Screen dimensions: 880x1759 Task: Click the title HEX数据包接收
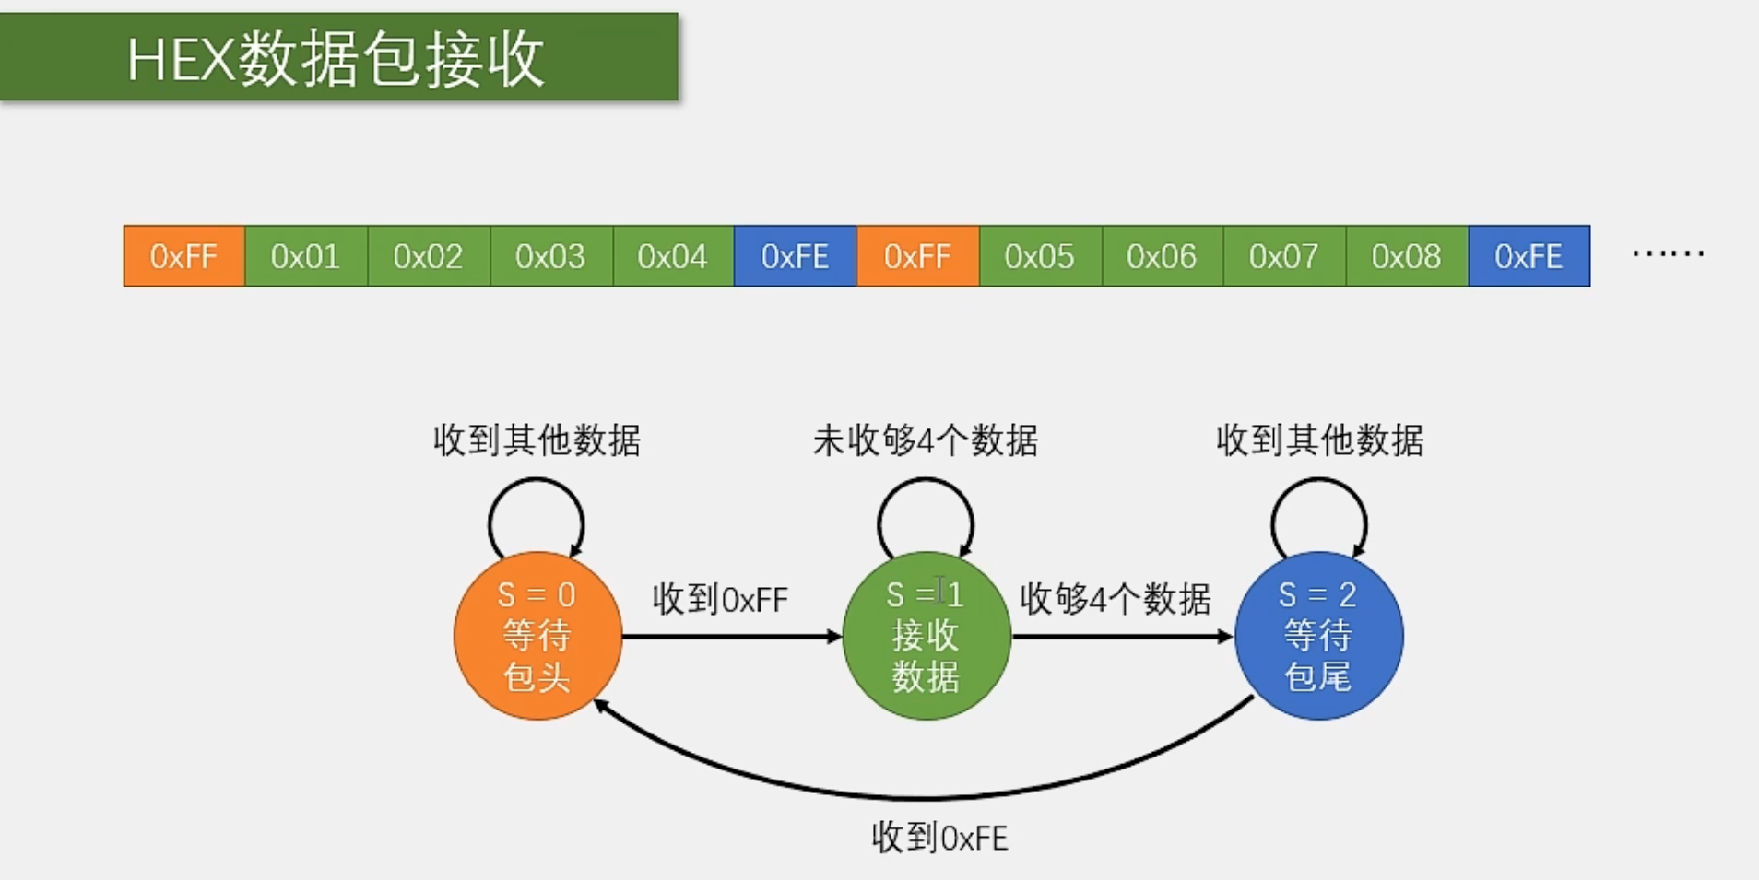click(x=336, y=59)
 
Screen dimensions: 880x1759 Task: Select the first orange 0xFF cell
click(x=183, y=256)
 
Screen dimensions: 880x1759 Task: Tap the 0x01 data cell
click(x=306, y=256)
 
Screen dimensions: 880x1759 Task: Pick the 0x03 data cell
click(x=550, y=256)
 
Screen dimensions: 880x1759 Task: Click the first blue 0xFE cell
click(x=795, y=256)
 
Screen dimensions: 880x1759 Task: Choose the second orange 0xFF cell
click(x=917, y=256)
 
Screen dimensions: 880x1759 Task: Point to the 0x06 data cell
click(x=1162, y=256)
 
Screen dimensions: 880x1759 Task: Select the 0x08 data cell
click(x=1406, y=256)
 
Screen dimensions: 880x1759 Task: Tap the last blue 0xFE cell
click(x=1529, y=256)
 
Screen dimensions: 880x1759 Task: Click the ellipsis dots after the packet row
click(x=1668, y=252)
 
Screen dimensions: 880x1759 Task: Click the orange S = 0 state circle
click(x=537, y=636)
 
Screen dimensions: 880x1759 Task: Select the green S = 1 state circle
click(x=927, y=636)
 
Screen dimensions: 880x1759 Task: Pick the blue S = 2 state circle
click(x=1318, y=636)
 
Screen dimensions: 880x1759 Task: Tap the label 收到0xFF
click(x=720, y=600)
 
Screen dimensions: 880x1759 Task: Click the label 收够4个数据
click(x=1115, y=600)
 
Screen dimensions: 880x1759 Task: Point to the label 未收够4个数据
click(x=926, y=440)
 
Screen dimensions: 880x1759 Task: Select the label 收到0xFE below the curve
click(x=939, y=838)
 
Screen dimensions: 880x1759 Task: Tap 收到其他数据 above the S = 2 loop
click(x=1319, y=440)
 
